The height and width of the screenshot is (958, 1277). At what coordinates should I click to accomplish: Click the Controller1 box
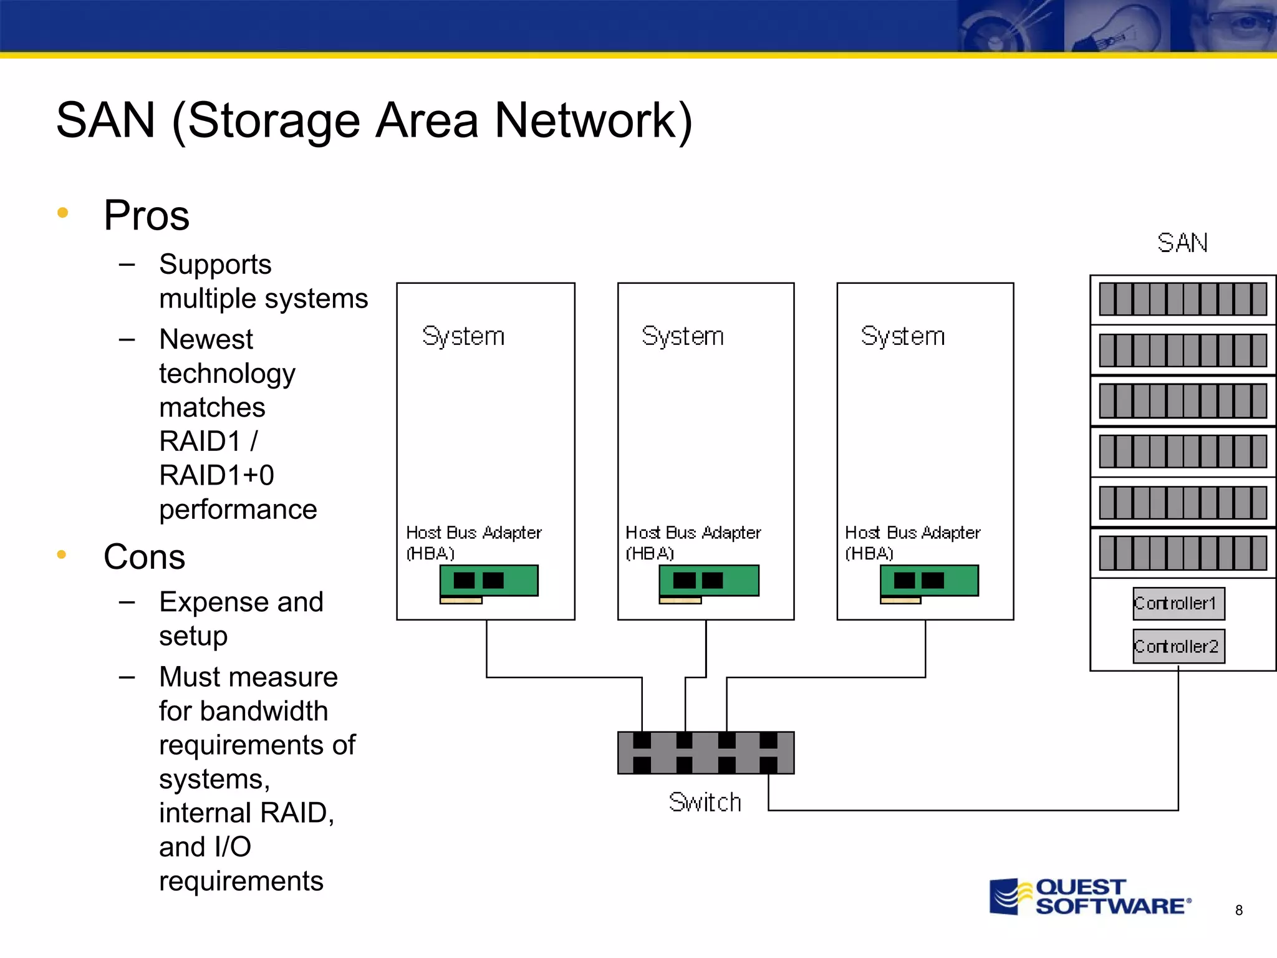pos(1178,603)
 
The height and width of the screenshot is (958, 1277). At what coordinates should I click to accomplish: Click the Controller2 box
pos(1178,646)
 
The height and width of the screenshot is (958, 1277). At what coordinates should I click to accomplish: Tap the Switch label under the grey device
pos(705,802)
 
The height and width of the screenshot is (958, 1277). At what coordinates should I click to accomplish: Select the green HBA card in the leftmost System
pos(489,581)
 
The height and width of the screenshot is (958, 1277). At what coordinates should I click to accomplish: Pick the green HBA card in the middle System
pos(709,581)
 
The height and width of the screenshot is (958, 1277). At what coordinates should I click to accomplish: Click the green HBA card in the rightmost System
pos(929,581)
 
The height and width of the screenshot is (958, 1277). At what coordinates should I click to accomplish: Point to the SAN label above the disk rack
pos(1182,243)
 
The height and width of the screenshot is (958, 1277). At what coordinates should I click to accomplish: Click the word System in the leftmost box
pos(463,336)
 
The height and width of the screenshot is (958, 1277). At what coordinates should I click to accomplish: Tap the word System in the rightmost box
pos(902,336)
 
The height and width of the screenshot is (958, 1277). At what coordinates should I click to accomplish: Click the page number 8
pos(1239,910)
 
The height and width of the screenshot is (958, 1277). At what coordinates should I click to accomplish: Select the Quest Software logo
pos(1090,897)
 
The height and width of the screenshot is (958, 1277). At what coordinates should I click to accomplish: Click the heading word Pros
pos(147,215)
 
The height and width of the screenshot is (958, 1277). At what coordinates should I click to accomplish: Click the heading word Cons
pos(144,556)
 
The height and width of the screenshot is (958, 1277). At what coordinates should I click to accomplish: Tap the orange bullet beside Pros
pos(62,213)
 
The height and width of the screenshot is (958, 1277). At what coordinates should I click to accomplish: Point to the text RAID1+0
pos(216,475)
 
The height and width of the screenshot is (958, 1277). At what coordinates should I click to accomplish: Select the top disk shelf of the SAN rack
pos(1182,299)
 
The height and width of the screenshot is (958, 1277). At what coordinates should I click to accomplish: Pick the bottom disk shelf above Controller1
pos(1182,553)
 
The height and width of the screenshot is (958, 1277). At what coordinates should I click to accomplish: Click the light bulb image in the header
pos(1116,26)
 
